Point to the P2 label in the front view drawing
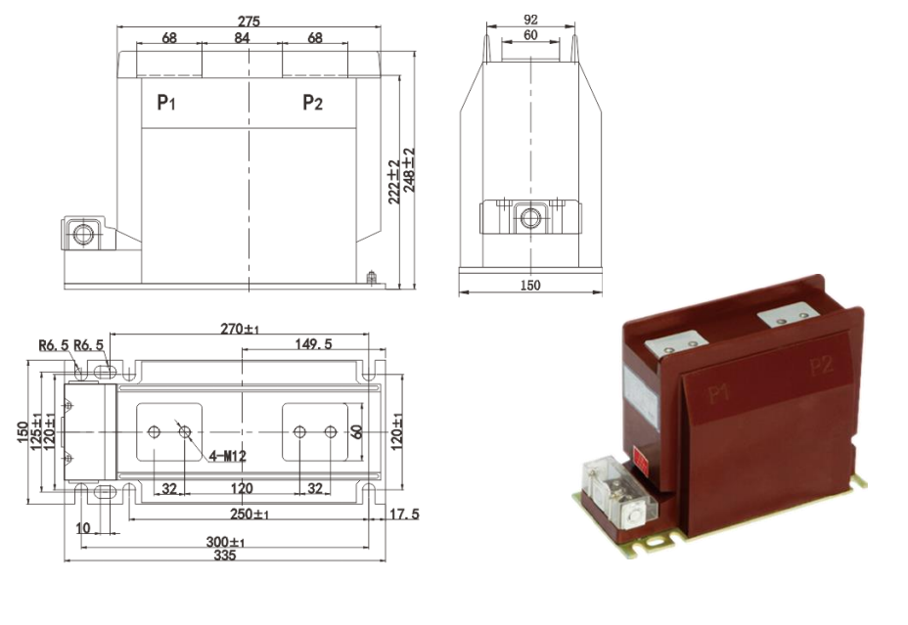tap(312, 103)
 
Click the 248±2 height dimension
tap(409, 170)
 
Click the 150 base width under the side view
tap(529, 286)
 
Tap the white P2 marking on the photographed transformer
tap(821, 366)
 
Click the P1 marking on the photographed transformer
tap(720, 394)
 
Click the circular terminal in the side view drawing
tap(530, 217)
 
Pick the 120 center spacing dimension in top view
tap(242, 488)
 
